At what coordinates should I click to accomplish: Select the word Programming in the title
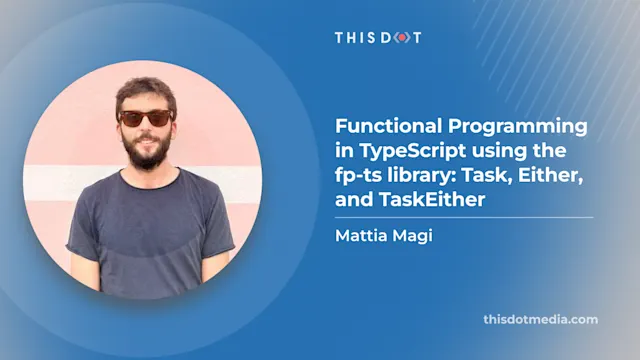coord(502,129)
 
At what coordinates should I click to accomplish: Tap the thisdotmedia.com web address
coord(539,320)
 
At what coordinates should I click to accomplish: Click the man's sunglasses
coord(144,118)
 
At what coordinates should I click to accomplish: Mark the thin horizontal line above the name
coord(463,217)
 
